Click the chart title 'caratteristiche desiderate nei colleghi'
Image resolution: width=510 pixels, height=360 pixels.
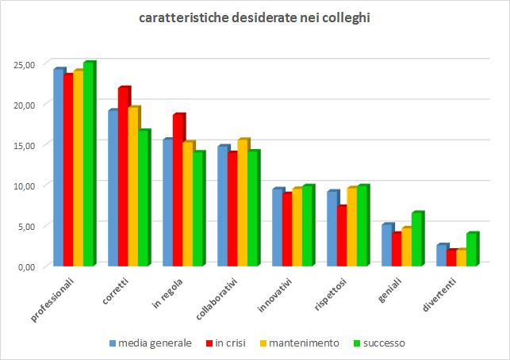pyautogui.click(x=254, y=17)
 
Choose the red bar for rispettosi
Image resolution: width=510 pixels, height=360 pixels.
pyautogui.click(x=341, y=236)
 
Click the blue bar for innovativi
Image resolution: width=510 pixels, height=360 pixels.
pyautogui.click(x=277, y=227)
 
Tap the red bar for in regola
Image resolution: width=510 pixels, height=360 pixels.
pyautogui.click(x=178, y=190)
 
